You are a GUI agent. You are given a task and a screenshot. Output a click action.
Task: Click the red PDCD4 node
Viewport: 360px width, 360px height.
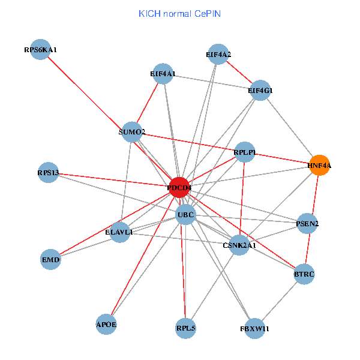pos(179,188)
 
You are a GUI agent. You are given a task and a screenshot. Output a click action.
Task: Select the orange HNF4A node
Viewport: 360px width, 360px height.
pos(320,165)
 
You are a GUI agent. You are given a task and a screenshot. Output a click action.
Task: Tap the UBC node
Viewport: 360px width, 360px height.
pos(185,215)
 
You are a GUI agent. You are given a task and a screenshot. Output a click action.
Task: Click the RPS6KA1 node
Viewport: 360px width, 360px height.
pos(40,50)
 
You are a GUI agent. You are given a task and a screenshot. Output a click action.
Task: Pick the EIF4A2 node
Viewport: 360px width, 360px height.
pos(218,55)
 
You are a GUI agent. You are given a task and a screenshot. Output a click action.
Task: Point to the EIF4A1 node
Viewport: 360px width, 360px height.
pos(163,74)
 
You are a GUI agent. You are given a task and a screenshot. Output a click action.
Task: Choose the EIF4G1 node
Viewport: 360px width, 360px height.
pos(260,91)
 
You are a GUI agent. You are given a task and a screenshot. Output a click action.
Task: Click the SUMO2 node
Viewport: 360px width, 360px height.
pos(132,132)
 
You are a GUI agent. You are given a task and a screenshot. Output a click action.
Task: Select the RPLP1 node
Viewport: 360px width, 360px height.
pos(245,152)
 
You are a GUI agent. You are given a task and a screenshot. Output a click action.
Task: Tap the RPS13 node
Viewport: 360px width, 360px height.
pos(48,173)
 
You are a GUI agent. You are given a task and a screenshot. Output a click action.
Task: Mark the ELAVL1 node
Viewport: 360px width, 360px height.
pos(120,232)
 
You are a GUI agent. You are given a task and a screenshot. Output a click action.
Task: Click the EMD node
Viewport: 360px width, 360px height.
pos(51,260)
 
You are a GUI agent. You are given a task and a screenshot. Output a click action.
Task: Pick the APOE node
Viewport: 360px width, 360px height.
pos(106,325)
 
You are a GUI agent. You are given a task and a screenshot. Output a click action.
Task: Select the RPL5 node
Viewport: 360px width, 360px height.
pos(186,328)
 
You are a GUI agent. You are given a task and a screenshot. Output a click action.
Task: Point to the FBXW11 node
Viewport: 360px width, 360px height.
pos(255,329)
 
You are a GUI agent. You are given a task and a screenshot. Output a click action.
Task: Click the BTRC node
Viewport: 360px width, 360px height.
pos(304,274)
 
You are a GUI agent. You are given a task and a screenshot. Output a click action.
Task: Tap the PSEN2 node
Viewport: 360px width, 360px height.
pos(308,224)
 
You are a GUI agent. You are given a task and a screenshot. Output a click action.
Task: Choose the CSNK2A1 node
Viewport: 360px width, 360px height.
pos(239,245)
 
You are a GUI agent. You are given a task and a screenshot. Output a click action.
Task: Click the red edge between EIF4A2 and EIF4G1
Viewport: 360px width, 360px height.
pos(239,73)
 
